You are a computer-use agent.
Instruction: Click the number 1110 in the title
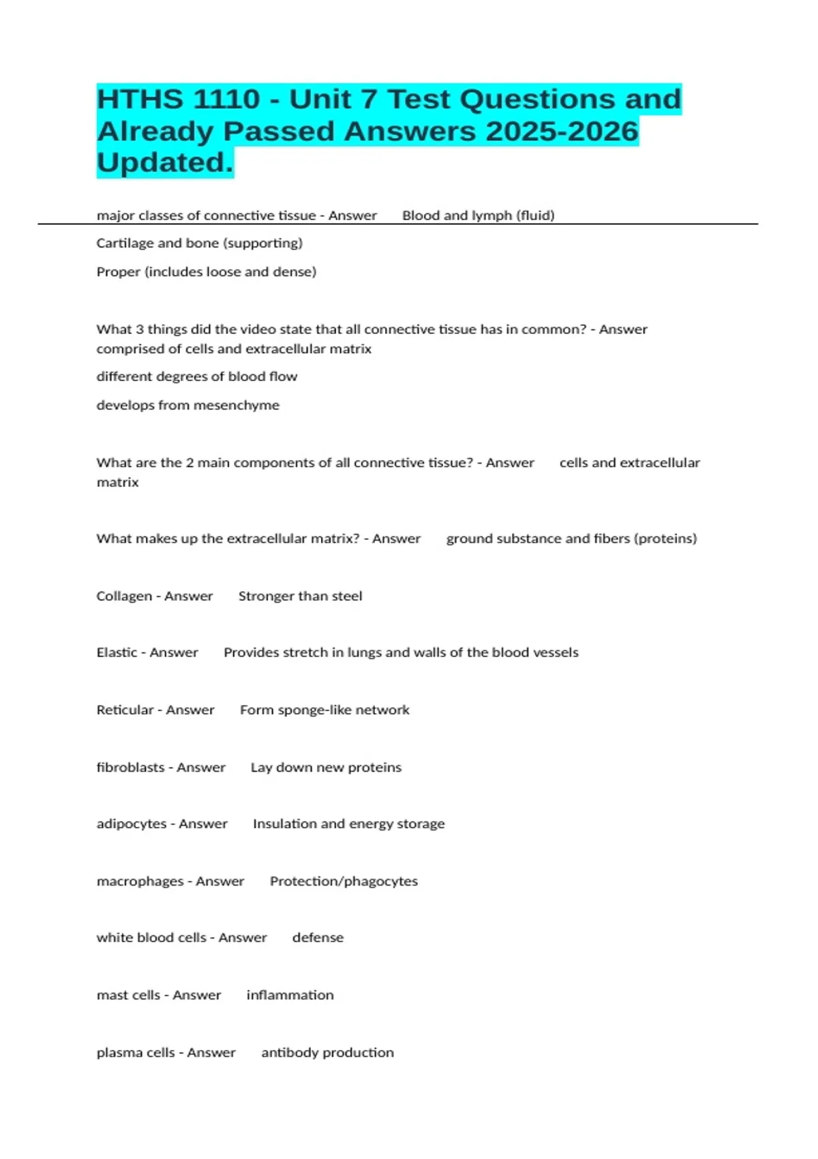pos(226,100)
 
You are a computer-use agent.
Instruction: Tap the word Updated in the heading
pos(164,163)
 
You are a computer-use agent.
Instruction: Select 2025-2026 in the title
pos(562,132)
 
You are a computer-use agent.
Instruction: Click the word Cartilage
pos(124,243)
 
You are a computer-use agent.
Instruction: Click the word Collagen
pos(124,597)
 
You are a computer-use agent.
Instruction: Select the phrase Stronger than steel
pos(300,597)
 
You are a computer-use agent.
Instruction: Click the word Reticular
pos(125,710)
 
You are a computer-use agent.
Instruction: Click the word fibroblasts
pos(130,768)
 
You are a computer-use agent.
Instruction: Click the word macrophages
pos(140,882)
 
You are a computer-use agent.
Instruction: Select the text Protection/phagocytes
pos(344,882)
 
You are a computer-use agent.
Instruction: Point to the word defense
pos(318,938)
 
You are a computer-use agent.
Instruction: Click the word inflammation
pos(290,995)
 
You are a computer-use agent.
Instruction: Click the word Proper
pos(118,272)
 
